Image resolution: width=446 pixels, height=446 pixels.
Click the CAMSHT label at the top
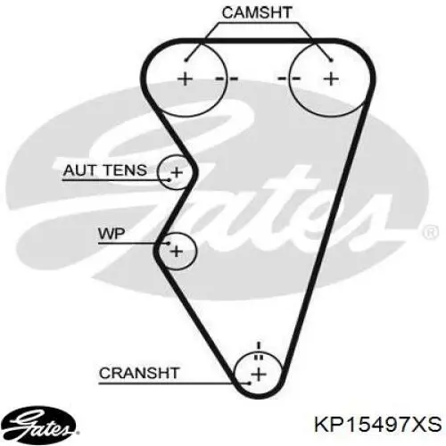click(x=257, y=12)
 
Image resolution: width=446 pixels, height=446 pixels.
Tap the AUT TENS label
click(x=105, y=170)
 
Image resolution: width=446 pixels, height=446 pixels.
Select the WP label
click(x=111, y=234)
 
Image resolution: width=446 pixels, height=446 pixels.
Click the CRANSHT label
click(x=139, y=373)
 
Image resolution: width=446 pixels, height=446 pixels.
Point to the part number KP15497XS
click(x=378, y=425)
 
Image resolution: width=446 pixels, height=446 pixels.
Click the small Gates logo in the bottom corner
click(x=37, y=423)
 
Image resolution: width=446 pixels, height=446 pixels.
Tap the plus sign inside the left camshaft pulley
click(x=185, y=79)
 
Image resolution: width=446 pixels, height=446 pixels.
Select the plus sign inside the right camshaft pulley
click(x=331, y=79)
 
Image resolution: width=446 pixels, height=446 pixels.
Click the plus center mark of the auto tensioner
click(x=177, y=172)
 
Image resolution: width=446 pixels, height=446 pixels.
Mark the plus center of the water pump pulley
click(x=177, y=252)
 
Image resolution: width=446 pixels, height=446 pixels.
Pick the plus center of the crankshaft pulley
click(x=259, y=374)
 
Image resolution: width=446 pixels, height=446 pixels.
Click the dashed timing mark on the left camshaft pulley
click(x=227, y=78)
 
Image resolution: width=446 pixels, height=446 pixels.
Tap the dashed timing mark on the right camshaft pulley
click(x=289, y=78)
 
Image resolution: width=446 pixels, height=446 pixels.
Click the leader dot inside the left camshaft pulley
click(x=186, y=61)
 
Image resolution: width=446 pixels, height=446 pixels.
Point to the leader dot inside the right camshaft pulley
click(x=332, y=61)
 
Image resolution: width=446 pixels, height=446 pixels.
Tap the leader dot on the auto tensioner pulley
click(x=169, y=180)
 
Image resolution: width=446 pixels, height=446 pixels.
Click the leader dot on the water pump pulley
click(x=169, y=244)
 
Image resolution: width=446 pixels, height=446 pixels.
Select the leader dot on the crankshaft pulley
click(x=250, y=384)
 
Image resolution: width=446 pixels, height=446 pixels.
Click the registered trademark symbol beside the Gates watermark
click(x=430, y=232)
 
